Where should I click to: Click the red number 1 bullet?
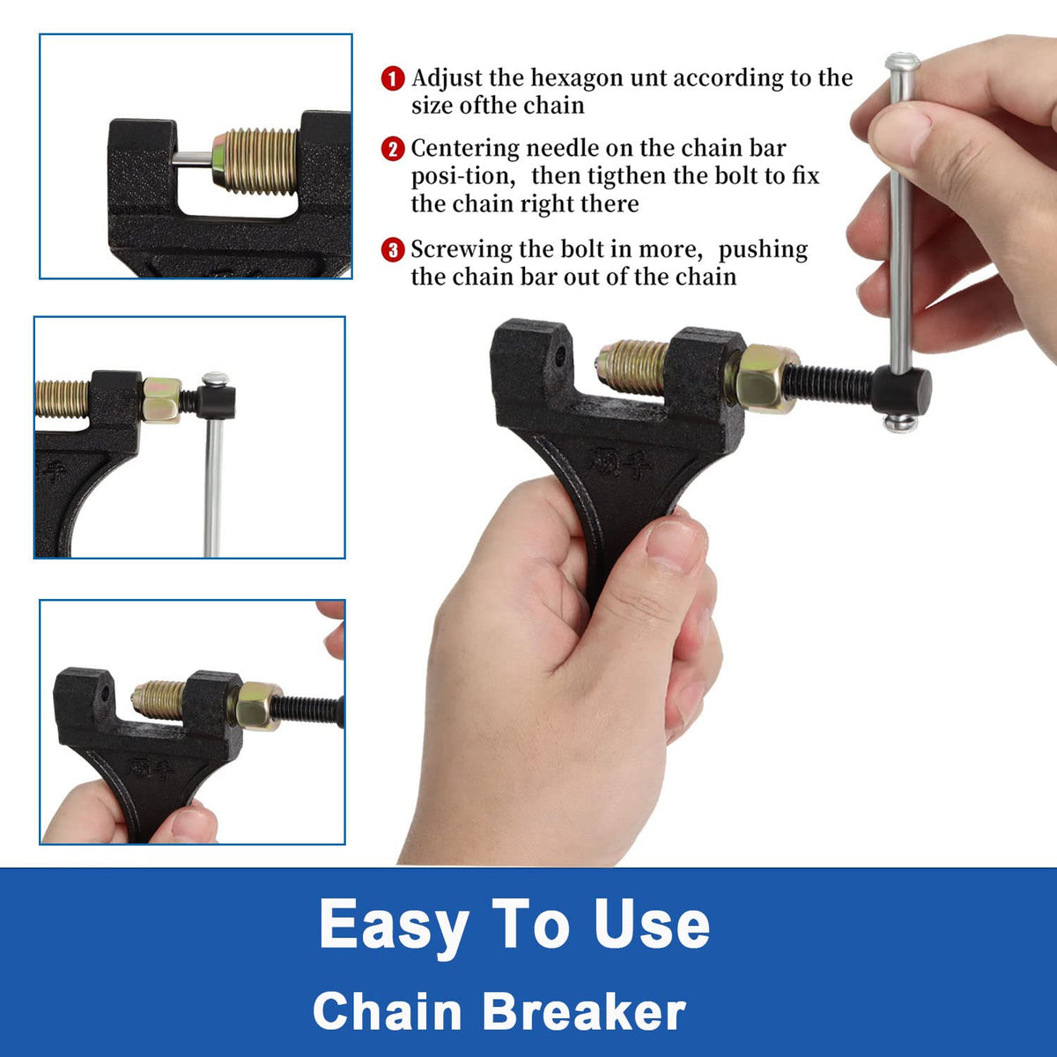[393, 78]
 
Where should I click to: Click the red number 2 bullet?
[393, 149]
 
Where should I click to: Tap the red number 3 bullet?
[393, 250]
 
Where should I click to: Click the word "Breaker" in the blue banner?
[585, 1010]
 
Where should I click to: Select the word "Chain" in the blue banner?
[388, 1010]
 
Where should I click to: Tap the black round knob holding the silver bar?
[901, 391]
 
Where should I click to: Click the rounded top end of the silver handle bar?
[902, 61]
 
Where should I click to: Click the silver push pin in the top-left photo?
[192, 159]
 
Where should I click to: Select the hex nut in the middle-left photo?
[161, 401]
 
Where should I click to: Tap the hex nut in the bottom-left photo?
[256, 706]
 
